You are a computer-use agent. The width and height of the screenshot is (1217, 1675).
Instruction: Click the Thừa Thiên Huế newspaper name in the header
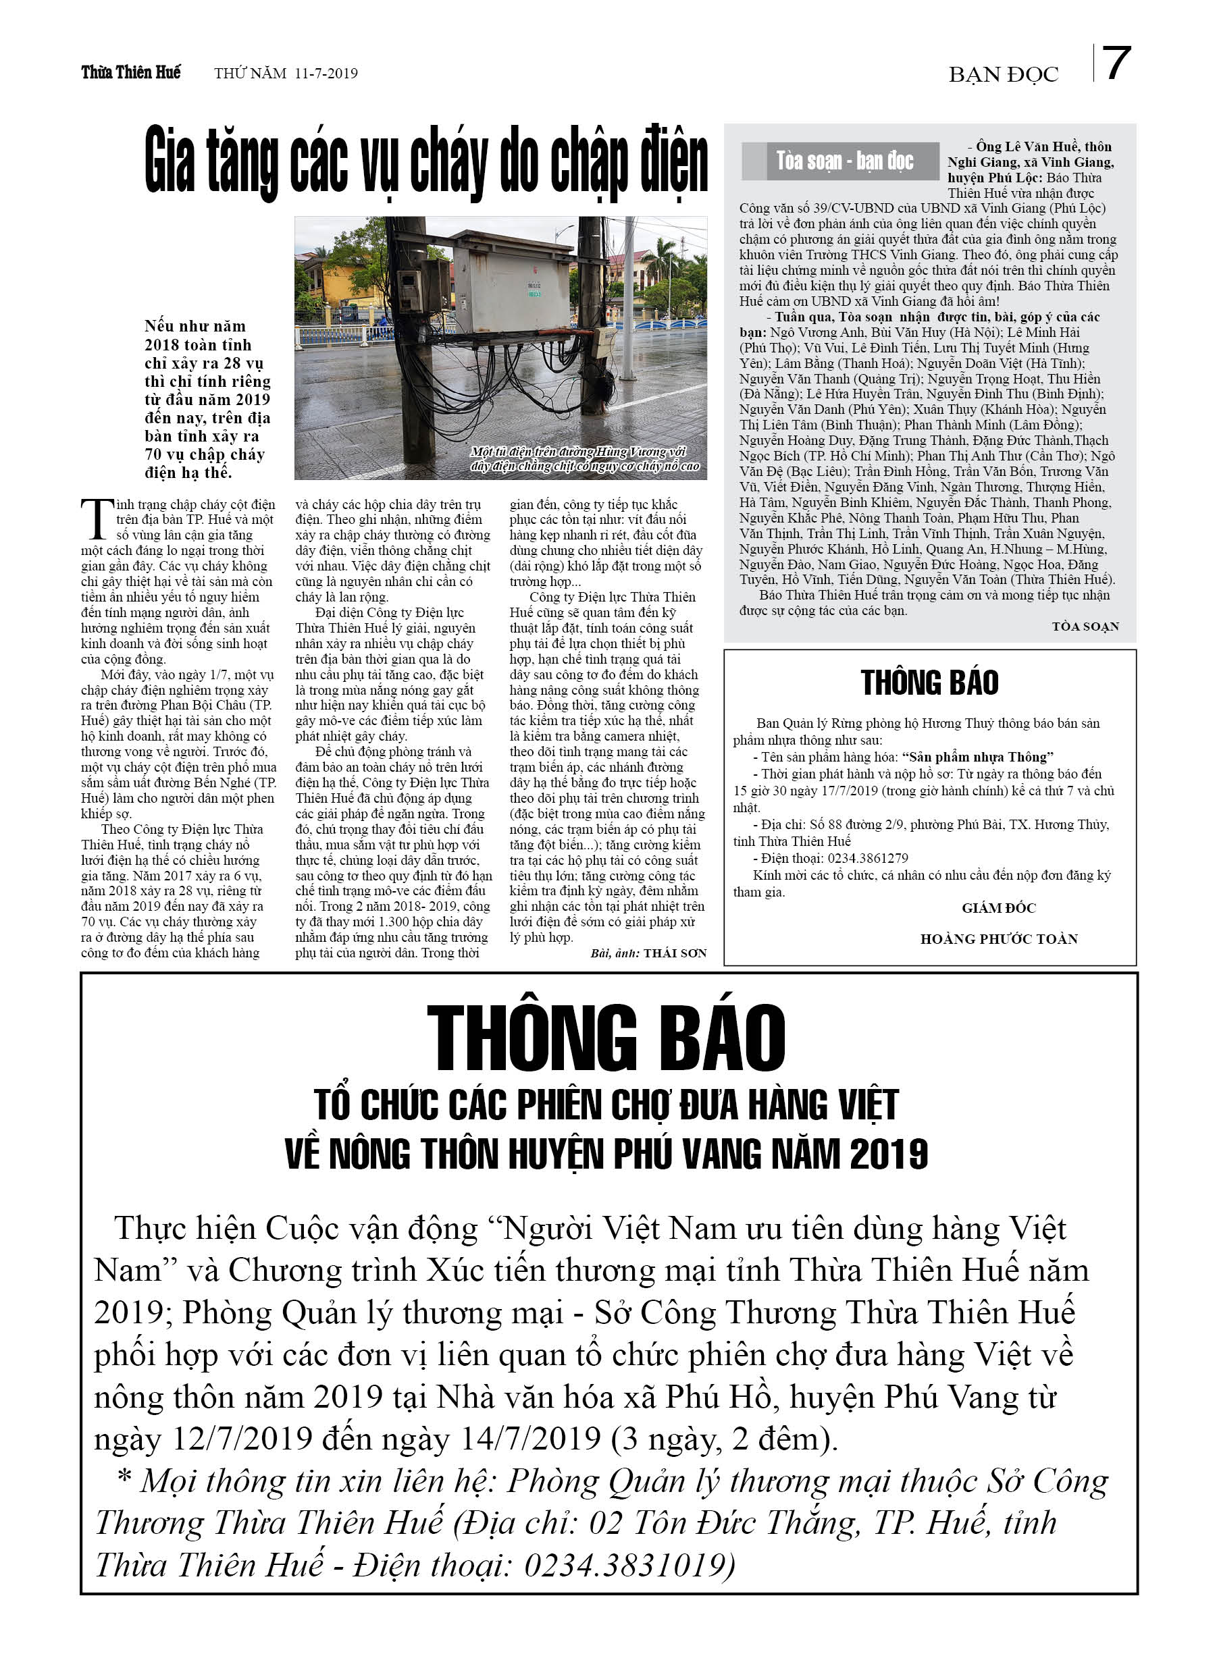click(131, 72)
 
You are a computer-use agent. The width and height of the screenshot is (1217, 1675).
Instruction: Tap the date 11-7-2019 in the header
click(326, 73)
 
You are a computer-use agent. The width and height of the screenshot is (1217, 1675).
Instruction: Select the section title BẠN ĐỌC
click(1003, 74)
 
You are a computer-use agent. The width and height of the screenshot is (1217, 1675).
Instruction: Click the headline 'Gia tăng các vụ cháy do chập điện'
click(425, 163)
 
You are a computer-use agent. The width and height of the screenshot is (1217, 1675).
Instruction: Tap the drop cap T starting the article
click(97, 519)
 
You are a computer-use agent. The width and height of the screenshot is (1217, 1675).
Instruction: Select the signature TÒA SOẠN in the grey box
click(1085, 627)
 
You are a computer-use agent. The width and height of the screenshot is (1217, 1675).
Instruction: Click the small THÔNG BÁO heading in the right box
click(929, 683)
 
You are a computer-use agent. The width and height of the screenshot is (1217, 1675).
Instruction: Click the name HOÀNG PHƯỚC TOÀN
click(998, 938)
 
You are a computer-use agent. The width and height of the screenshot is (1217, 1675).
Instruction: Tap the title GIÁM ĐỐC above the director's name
click(998, 907)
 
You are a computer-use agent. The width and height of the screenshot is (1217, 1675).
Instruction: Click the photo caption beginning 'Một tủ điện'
click(584, 458)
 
